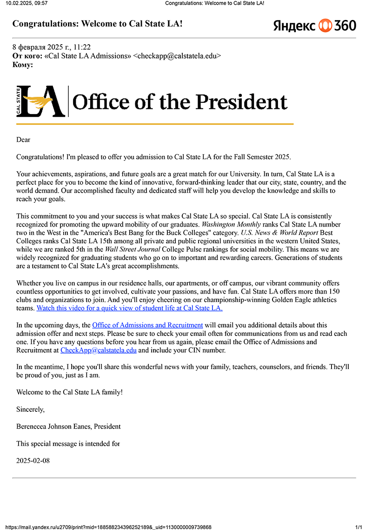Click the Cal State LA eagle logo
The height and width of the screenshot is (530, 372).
tap(40, 101)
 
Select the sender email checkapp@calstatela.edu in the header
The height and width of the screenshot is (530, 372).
tap(177, 56)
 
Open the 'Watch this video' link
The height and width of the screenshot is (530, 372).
tap(129, 308)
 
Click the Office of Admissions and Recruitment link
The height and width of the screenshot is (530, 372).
tap(147, 325)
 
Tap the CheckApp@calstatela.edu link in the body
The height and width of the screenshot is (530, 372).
tap(99, 350)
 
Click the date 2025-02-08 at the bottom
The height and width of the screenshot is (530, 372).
tap(33, 461)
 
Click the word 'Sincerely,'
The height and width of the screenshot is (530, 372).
tap(31, 409)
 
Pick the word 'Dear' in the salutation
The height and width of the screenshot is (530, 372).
tap(23, 140)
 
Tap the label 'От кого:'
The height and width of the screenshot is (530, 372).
tap(27, 56)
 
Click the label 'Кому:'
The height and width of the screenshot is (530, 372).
tap(23, 65)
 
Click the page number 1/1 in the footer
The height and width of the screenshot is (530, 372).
tap(359, 527)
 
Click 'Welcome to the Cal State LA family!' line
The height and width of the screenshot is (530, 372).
tap(70, 392)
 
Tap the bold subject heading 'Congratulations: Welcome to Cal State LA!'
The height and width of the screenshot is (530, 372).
tap(97, 23)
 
